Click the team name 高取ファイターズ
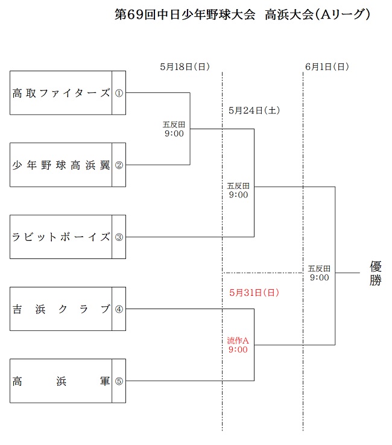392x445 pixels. pyautogui.click(x=62, y=93)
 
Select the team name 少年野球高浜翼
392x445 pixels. pyautogui.click(x=62, y=165)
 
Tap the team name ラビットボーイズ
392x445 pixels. pyautogui.click(x=62, y=237)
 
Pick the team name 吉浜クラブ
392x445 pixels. pyautogui.click(x=62, y=309)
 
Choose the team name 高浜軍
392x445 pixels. pyautogui.click(x=62, y=381)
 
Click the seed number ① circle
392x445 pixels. pyautogui.click(x=119, y=93)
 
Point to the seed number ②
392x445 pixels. pyautogui.click(x=119, y=165)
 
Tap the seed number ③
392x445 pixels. pyautogui.click(x=119, y=237)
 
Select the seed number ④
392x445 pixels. pyautogui.click(x=119, y=309)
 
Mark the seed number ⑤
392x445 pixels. pyautogui.click(x=119, y=381)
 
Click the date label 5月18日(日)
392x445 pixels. pyautogui.click(x=185, y=67)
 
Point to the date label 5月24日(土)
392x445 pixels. pyautogui.click(x=253, y=110)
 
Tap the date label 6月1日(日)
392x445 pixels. pyautogui.click(x=327, y=67)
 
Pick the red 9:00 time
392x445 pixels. pyautogui.click(x=238, y=350)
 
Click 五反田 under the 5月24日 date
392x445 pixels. pyautogui.click(x=238, y=186)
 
